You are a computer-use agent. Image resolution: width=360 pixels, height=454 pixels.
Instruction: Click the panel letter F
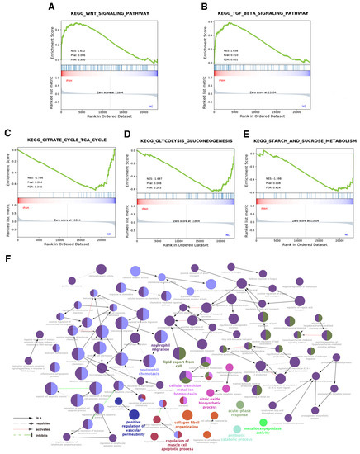[7, 257]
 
